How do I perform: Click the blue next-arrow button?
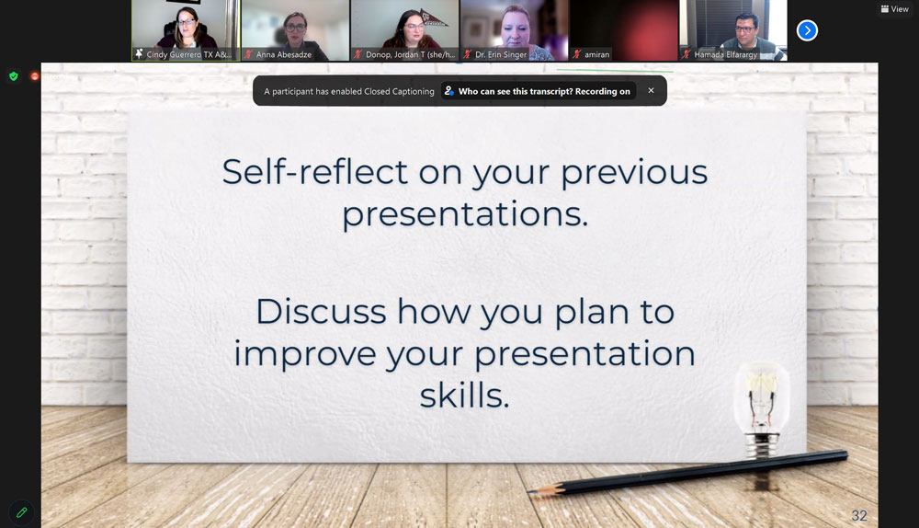(807, 30)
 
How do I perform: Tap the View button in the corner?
(894, 9)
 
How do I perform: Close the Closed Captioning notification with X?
(651, 90)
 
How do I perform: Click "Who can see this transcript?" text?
(516, 91)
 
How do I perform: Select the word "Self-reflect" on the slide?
(314, 172)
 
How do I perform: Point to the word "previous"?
(634, 174)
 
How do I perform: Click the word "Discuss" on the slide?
(321, 312)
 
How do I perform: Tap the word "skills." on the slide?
(464, 395)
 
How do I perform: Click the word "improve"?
(305, 355)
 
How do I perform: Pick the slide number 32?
(859, 516)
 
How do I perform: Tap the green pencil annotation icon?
(22, 512)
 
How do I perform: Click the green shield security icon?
(14, 76)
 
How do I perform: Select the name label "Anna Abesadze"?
(284, 54)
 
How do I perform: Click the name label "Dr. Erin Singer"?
(501, 54)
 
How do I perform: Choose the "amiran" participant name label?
(596, 54)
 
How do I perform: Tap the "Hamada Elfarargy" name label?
(726, 54)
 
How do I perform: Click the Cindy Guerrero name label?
(188, 54)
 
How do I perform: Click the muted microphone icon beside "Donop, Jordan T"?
(357, 54)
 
